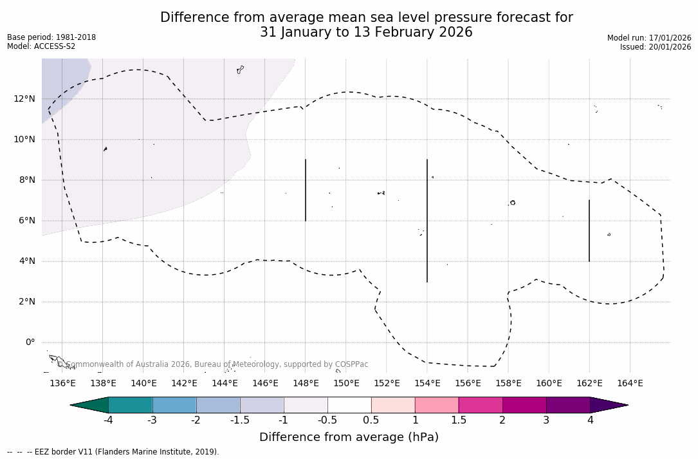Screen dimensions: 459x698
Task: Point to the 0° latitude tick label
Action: pos(30,342)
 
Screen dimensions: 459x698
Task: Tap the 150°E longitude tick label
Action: pos(346,384)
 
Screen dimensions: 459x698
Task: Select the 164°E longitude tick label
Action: pos(630,384)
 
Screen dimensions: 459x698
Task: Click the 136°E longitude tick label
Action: pos(62,384)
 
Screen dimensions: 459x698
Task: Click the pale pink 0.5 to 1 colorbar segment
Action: pos(393,405)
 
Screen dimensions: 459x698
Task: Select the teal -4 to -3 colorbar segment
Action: pos(131,405)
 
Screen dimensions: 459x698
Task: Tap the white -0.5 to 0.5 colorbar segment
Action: pos(349,405)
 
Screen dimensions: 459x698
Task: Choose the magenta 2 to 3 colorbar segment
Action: pos(524,405)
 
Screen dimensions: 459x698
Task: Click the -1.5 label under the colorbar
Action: pos(240,420)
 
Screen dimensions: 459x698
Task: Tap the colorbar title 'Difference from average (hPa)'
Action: pos(349,437)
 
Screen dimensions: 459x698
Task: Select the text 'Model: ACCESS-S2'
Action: pos(41,46)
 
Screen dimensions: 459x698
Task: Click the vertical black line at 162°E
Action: pos(589,230)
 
